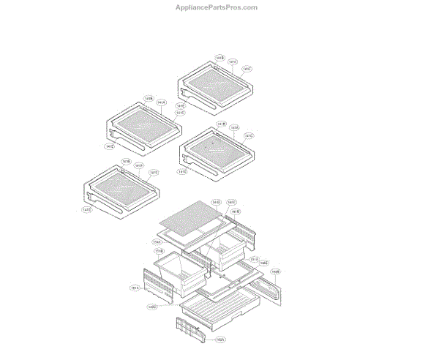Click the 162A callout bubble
click(x=219, y=340)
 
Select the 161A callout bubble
click(x=135, y=288)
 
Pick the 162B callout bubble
click(x=275, y=271)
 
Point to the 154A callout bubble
click(x=157, y=241)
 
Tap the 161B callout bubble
click(x=236, y=211)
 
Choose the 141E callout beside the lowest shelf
click(x=86, y=210)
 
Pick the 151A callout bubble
click(x=254, y=258)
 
